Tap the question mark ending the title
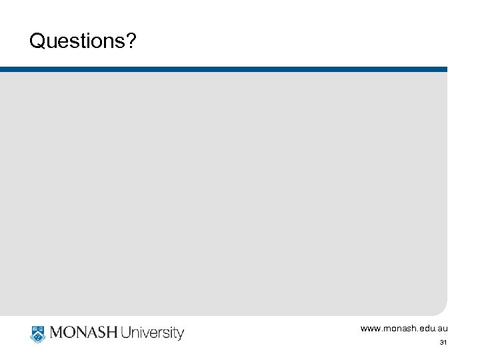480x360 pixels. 131,42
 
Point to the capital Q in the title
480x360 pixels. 37,42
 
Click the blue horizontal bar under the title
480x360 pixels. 223,69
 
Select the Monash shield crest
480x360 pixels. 37,333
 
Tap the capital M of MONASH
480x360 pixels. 55,333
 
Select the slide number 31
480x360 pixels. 443,343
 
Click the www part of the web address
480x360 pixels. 370,329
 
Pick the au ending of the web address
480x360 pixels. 443,329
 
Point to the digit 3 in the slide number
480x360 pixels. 441,343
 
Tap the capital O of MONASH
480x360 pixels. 69,333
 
